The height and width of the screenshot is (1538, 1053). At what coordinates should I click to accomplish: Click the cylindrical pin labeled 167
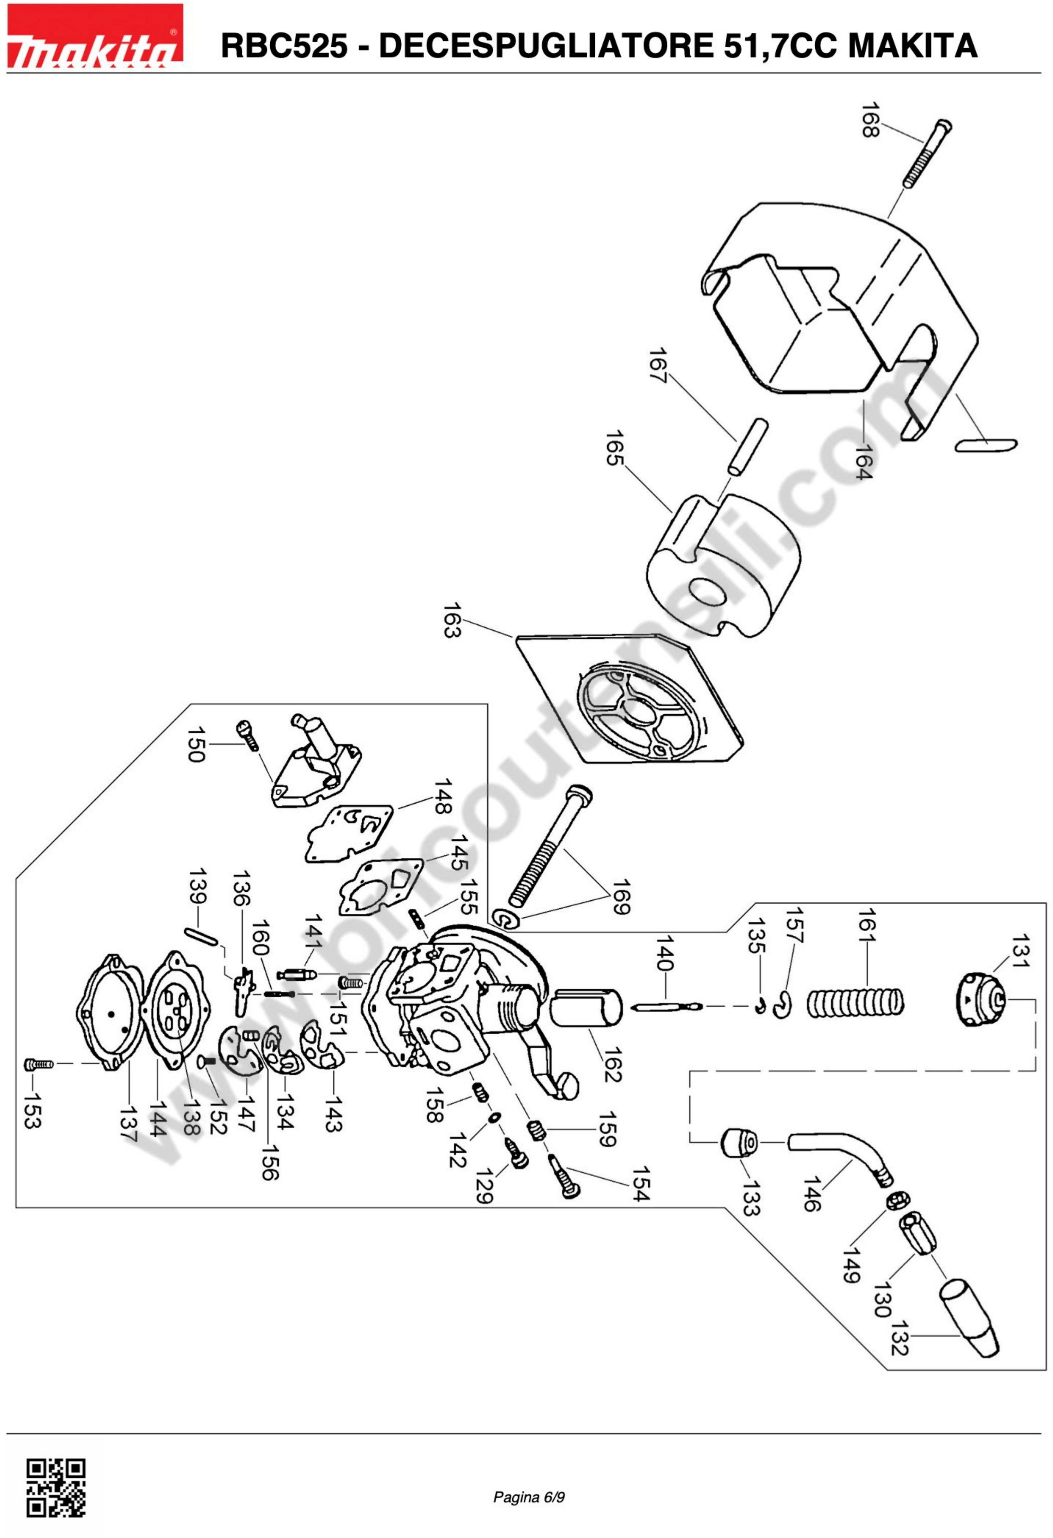(x=747, y=447)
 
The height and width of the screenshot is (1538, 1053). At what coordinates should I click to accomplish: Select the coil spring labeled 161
(x=854, y=1003)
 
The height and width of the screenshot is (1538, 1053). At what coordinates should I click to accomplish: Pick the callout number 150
(x=196, y=745)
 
